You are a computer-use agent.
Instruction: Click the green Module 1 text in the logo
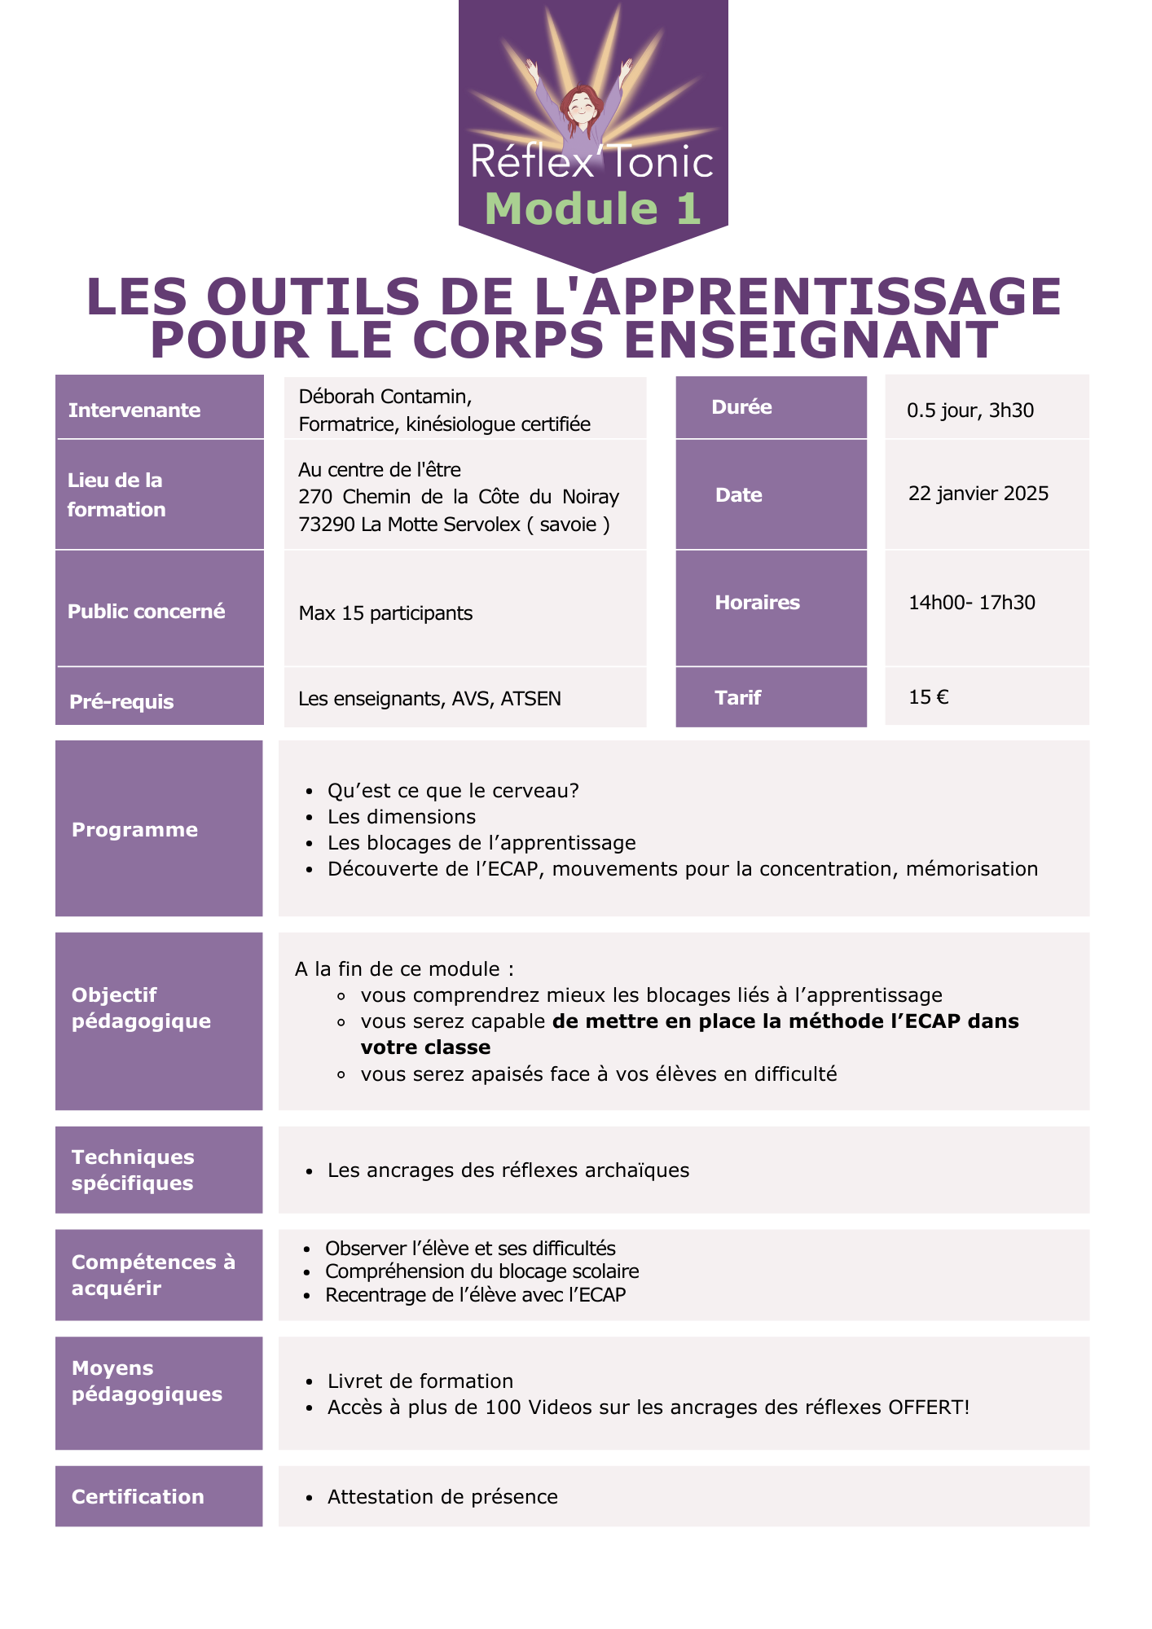592,209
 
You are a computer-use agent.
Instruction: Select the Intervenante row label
134,410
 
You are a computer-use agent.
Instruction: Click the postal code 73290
327,525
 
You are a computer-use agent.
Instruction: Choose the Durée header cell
741,407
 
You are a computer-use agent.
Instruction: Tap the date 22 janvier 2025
978,494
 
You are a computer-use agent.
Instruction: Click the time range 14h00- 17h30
972,603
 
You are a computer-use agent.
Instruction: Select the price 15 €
929,697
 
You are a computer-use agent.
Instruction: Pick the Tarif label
737,698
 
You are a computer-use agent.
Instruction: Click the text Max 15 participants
385,613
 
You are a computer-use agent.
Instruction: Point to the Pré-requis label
121,702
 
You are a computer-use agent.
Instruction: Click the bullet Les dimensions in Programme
402,817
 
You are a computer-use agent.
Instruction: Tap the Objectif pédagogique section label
141,1008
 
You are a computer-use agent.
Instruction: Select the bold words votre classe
426,1047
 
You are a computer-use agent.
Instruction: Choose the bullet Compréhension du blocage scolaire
481,1271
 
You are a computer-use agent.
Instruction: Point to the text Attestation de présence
442,1497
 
